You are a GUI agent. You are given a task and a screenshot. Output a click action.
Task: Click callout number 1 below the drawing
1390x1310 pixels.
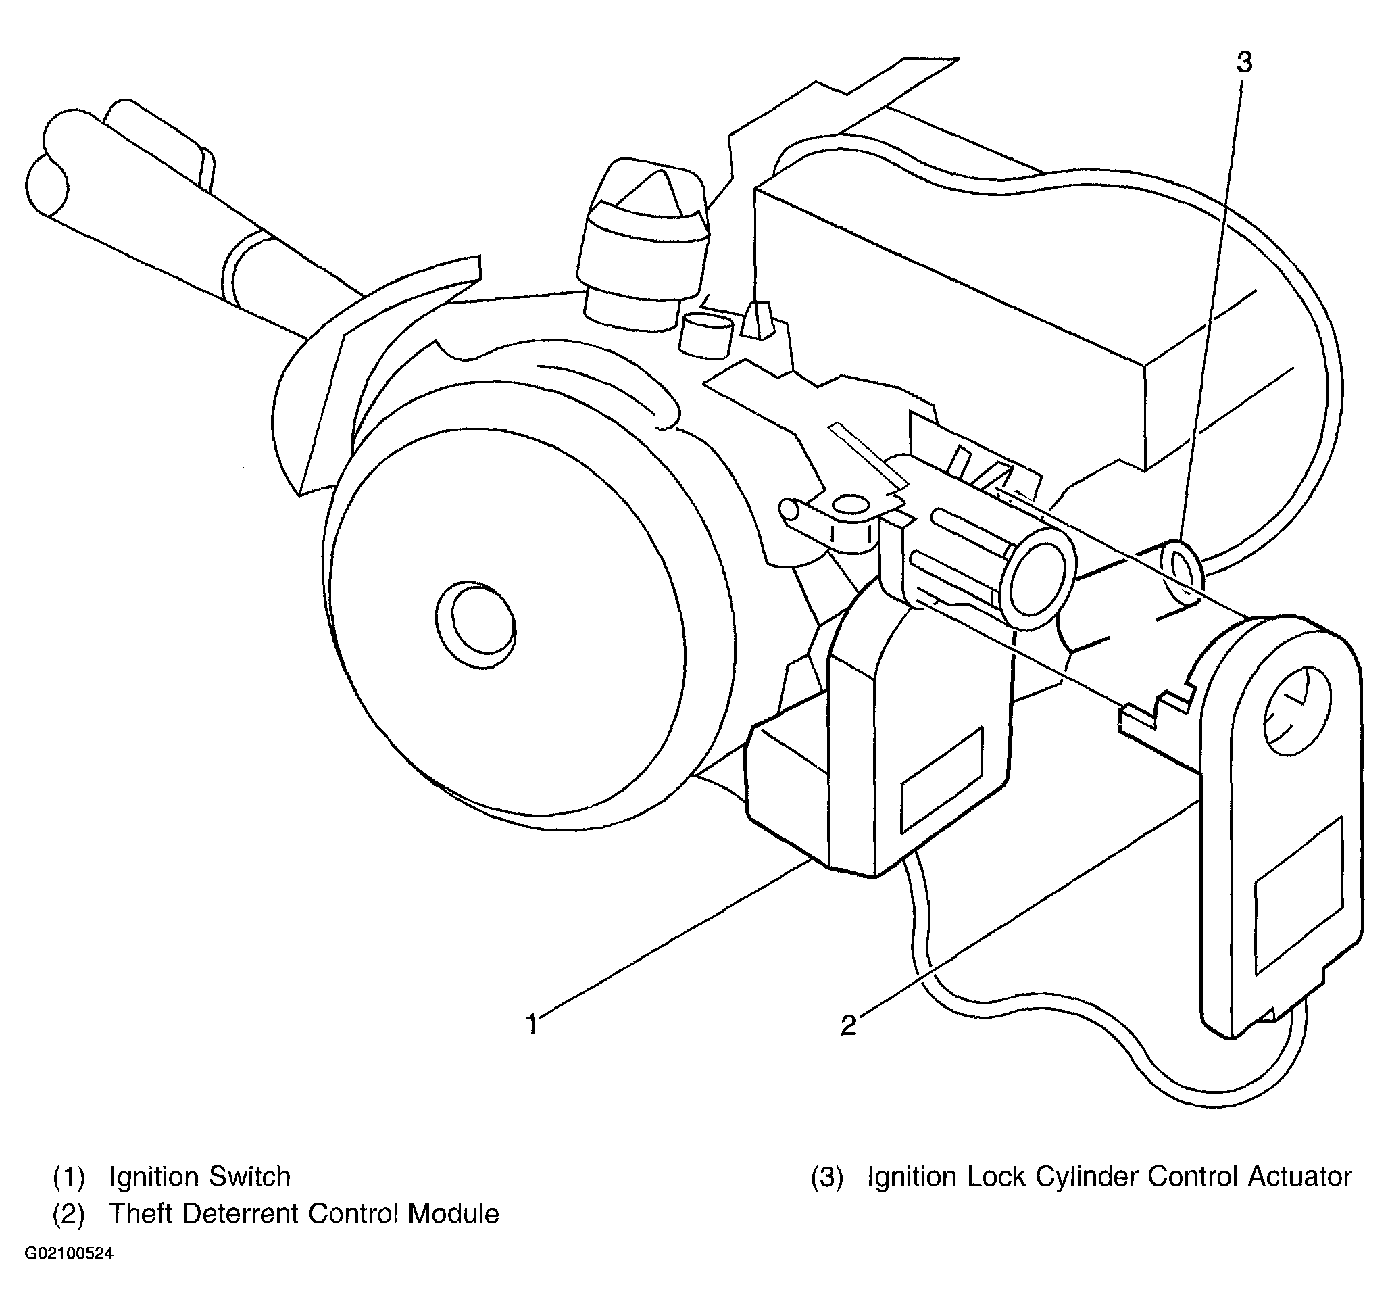click(532, 1024)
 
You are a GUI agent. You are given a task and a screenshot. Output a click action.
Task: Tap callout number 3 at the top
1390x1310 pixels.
click(1245, 63)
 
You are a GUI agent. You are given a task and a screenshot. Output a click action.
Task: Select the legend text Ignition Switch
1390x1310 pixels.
click(200, 1177)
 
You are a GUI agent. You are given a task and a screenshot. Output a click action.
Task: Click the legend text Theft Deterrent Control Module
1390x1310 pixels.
click(304, 1214)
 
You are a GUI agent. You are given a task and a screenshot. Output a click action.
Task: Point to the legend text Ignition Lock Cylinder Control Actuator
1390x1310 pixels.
click(1110, 1177)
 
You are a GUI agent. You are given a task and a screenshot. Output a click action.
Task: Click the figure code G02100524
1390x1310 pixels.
click(69, 1254)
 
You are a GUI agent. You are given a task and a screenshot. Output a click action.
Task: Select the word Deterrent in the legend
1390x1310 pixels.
click(240, 1214)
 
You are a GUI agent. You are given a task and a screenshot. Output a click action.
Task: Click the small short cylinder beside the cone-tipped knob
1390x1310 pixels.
click(706, 335)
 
